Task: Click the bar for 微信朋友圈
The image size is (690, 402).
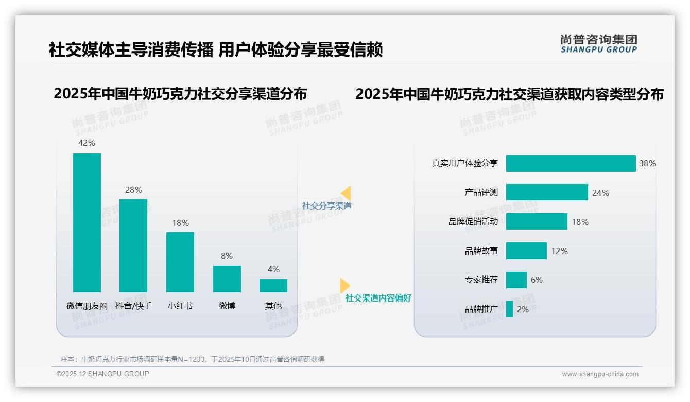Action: [x=87, y=222]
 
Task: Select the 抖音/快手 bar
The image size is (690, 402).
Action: [x=133, y=245]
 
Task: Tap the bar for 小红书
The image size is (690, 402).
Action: [x=180, y=262]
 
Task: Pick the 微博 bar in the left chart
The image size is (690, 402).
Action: [x=227, y=279]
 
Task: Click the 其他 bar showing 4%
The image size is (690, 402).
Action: [x=273, y=286]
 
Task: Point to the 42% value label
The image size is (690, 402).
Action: [x=87, y=143]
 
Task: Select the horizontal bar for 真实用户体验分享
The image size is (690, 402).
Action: [x=571, y=163]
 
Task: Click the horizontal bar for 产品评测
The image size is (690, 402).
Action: [x=547, y=192]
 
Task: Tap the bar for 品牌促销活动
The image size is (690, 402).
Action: [x=537, y=222]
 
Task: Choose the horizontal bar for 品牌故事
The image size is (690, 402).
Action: [x=526, y=251]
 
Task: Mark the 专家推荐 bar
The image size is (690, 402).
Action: [x=516, y=280]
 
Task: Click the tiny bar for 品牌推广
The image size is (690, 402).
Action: [x=509, y=309]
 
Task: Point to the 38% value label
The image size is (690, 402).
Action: [x=647, y=163]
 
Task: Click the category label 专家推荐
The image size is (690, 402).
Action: [x=481, y=280]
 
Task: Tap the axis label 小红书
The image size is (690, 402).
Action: [x=180, y=306]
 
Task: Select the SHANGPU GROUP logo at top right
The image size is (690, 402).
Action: [x=598, y=44]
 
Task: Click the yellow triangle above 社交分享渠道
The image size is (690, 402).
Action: [x=346, y=193]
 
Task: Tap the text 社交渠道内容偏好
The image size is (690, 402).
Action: [x=378, y=298]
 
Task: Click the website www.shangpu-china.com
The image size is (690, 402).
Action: [x=600, y=374]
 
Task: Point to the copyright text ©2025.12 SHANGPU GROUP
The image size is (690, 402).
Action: [x=103, y=374]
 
